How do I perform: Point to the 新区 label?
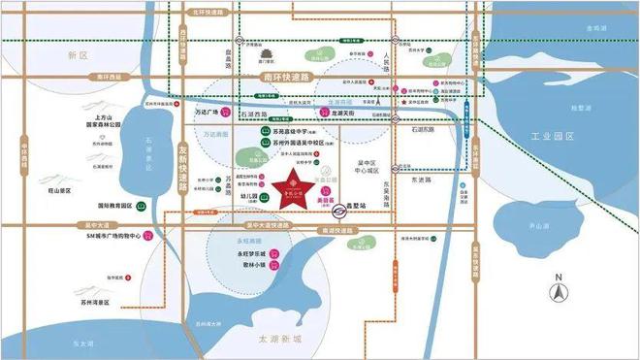click(x=79, y=56)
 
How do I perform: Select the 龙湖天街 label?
click(x=347, y=114)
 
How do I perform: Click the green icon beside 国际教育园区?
click(x=142, y=206)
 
